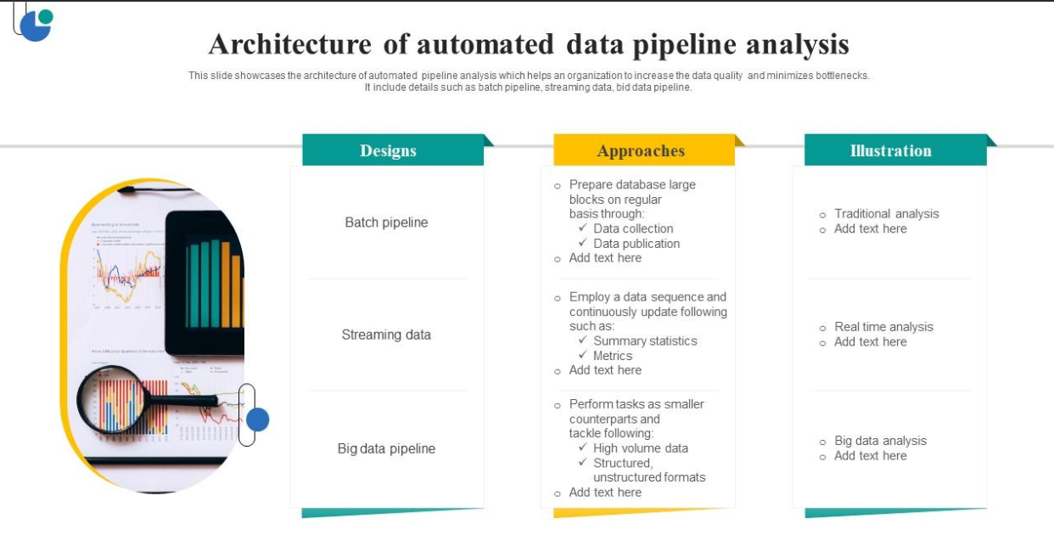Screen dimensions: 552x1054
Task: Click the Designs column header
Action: click(x=389, y=150)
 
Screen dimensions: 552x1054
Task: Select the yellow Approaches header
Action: click(x=641, y=150)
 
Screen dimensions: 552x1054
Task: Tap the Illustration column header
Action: click(x=891, y=150)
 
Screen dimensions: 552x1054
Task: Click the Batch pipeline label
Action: click(x=386, y=222)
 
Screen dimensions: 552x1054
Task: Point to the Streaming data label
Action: click(x=386, y=335)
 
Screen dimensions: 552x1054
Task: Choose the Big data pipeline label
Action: click(x=386, y=448)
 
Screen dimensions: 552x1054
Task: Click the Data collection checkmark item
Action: click(x=632, y=228)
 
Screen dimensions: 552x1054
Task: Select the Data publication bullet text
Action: click(x=636, y=244)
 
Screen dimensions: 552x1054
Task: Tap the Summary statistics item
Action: click(x=644, y=341)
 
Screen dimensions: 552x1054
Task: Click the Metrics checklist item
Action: click(x=612, y=356)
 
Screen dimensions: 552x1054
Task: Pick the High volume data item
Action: click(x=640, y=448)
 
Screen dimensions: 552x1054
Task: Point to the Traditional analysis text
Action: click(x=886, y=214)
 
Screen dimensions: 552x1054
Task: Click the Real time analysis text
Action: click(x=883, y=327)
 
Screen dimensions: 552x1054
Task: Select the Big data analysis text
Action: click(x=880, y=441)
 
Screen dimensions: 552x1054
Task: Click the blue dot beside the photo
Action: click(x=257, y=420)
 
